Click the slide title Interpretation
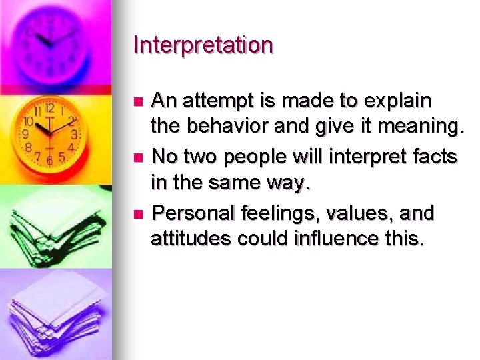point(203,45)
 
